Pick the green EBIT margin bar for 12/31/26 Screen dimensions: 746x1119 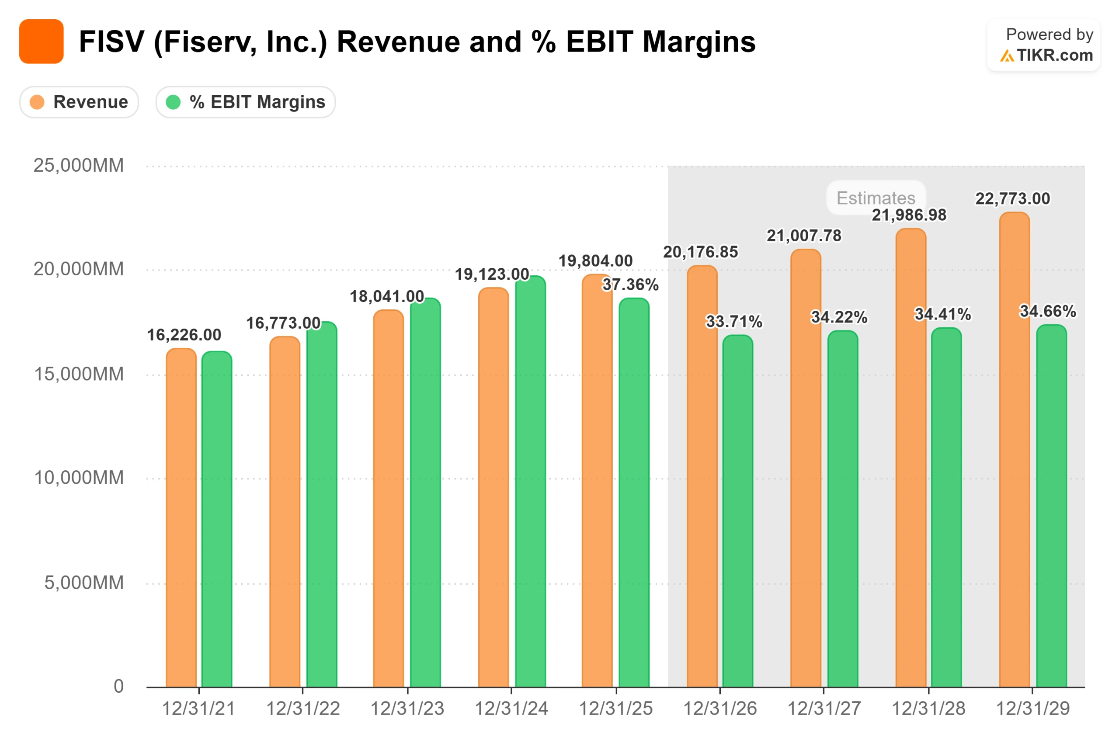pos(737,511)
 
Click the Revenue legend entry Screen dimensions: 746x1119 pos(80,102)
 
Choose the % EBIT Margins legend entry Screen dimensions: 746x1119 pos(246,102)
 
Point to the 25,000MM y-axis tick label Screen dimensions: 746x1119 pos(79,166)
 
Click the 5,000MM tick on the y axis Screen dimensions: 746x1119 pos(84,583)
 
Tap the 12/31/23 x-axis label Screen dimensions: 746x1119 pos(407,709)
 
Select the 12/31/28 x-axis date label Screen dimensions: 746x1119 pos(928,709)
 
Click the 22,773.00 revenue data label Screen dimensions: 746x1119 pos(1012,199)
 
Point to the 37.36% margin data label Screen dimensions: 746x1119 pos(630,285)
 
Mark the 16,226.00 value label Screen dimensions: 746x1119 pos(184,335)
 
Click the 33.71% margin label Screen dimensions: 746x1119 pos(733,322)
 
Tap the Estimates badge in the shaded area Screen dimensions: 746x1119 pos(876,198)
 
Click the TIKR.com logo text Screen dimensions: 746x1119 pos(1054,55)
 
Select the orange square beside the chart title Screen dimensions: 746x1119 pos(42,42)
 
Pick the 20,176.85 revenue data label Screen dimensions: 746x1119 pos(700,252)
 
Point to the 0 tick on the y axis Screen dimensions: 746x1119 pos(118,686)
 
